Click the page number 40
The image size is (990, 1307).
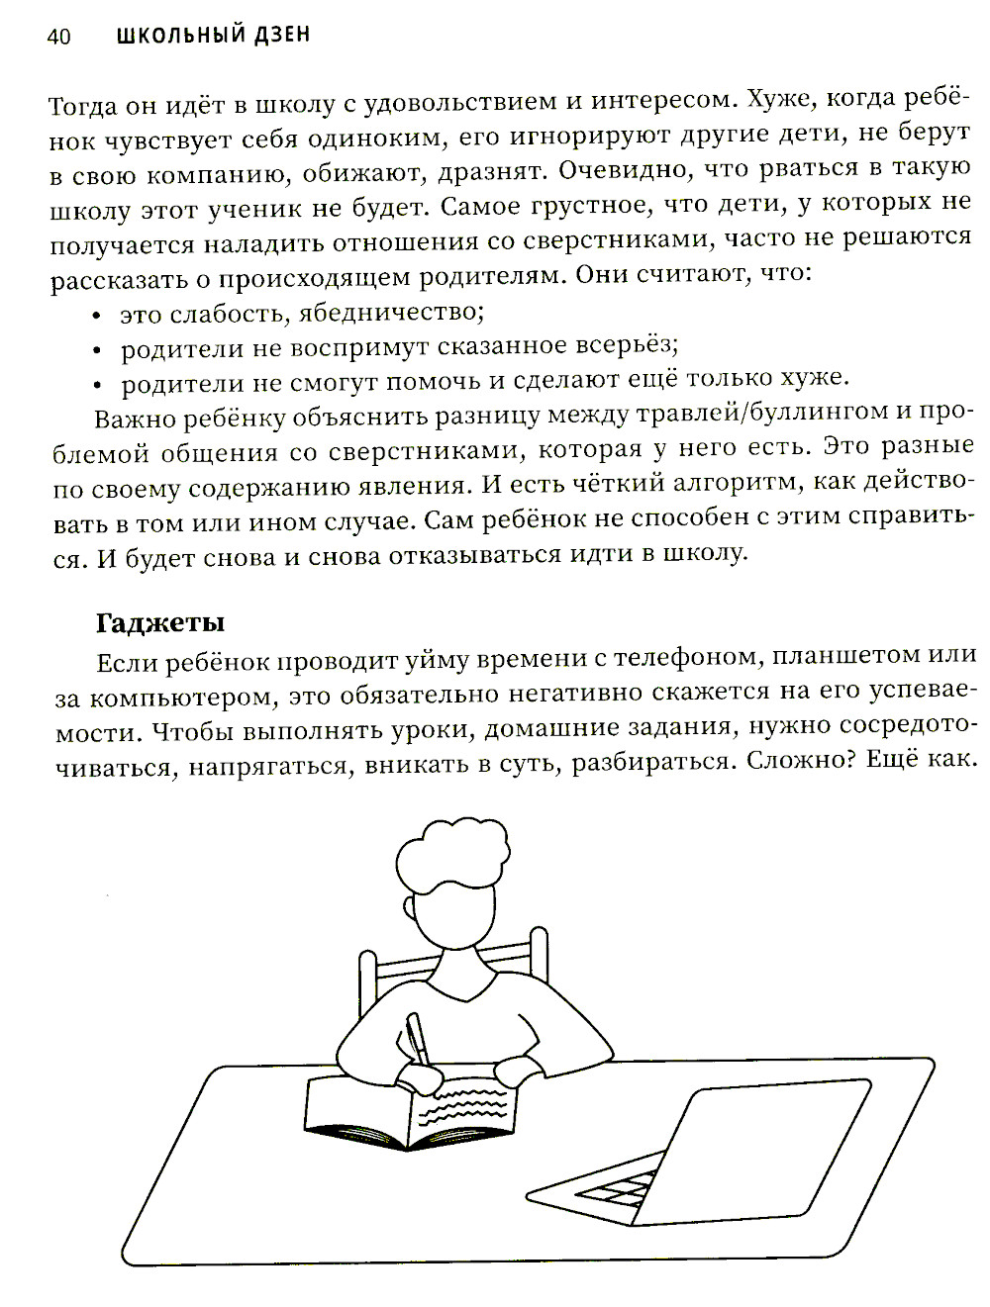coord(58,38)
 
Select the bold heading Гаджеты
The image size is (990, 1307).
coord(160,623)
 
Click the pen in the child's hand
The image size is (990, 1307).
coord(417,1039)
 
